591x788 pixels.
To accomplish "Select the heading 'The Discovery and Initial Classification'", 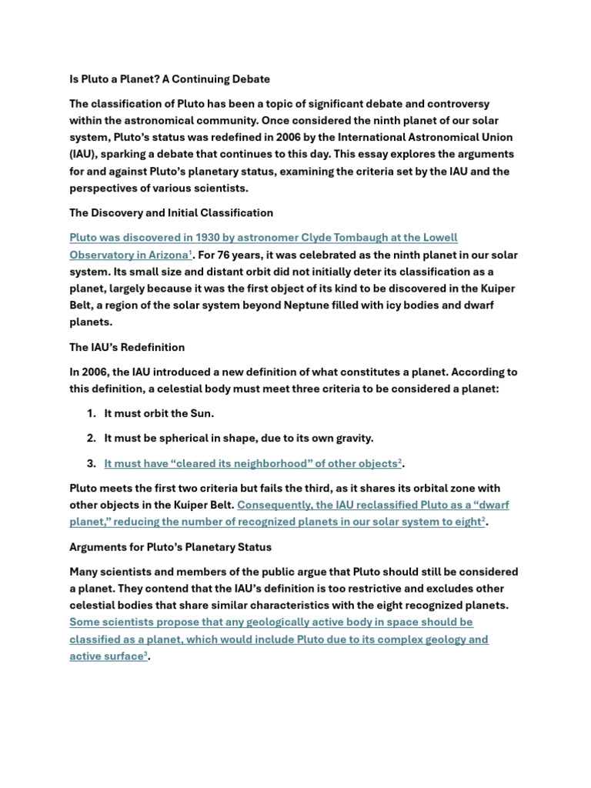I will (171, 212).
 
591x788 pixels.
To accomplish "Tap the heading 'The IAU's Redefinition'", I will (127, 347).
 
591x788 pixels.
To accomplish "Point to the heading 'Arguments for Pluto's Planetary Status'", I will (170, 547).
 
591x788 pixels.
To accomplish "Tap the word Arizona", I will (164, 255).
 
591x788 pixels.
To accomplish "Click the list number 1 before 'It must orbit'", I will (91, 414).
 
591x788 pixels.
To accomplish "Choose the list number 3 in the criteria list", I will (91, 463).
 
